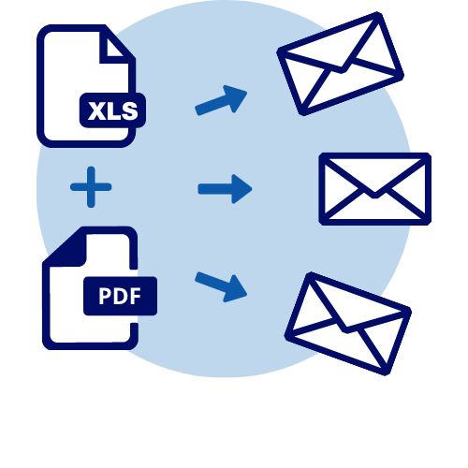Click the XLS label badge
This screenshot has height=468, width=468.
[112, 110]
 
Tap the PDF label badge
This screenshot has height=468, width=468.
[120, 296]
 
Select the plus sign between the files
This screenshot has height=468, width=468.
[91, 187]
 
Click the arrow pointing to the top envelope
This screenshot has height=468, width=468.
[221, 100]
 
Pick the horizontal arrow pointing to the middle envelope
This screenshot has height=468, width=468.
[225, 189]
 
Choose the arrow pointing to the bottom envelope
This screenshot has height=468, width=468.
[221, 287]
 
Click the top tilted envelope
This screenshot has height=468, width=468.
[341, 64]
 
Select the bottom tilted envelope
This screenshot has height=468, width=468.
[348, 324]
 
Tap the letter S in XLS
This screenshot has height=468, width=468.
[129, 110]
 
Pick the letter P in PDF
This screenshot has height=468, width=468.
[105, 296]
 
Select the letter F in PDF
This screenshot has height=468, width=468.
[136, 296]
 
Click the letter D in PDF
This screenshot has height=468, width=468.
[121, 296]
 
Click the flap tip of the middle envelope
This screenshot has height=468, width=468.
[375, 196]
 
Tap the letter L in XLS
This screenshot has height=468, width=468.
[112, 110]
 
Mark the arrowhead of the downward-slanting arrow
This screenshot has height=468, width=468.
[236, 289]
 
